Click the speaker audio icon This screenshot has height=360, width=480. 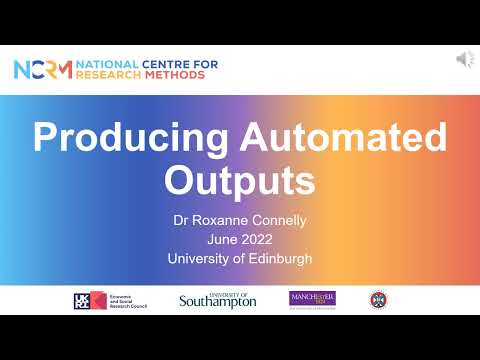pyautogui.click(x=465, y=61)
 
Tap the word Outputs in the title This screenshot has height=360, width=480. pyautogui.click(x=239, y=181)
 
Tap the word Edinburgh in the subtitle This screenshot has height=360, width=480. pyautogui.click(x=277, y=258)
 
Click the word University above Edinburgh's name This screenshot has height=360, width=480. pyautogui.click(x=199, y=258)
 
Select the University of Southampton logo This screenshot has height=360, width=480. pyautogui.click(x=217, y=299)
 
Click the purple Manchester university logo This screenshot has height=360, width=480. pyautogui.click(x=312, y=299)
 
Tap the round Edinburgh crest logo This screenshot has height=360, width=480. pyautogui.click(x=377, y=299)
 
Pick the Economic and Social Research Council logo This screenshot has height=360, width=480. pyautogui.click(x=110, y=300)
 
